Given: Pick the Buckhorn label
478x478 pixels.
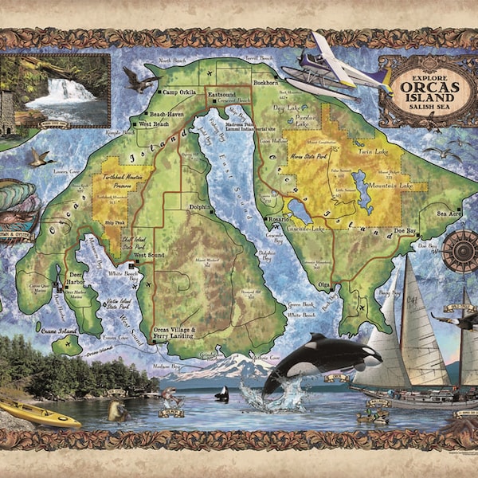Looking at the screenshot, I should [265, 82].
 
